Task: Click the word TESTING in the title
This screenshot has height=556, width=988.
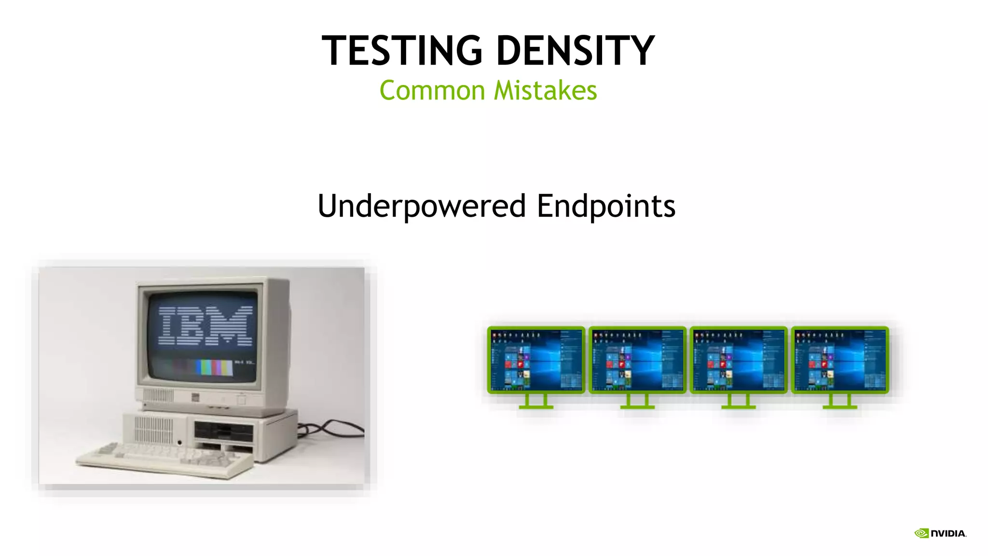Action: coord(402,51)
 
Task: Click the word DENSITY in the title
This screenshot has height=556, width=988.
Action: coord(575,51)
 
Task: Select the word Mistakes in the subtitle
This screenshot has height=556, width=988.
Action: coord(546,91)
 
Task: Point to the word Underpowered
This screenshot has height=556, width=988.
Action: coord(421,206)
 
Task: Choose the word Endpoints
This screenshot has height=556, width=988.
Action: coord(606,206)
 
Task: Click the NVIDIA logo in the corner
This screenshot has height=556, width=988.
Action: coord(940,533)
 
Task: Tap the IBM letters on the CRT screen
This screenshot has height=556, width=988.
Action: coord(206,326)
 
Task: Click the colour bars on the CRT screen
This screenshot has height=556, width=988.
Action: coord(214,367)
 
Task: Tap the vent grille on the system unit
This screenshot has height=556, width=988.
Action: coord(153,429)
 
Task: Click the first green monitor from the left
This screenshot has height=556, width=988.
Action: coord(536,360)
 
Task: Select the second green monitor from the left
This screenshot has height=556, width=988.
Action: coord(637,360)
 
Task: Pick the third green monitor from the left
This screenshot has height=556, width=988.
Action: coord(739,360)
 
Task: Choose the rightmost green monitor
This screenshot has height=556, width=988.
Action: coord(840,360)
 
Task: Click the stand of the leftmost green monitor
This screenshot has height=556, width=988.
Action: coord(536,402)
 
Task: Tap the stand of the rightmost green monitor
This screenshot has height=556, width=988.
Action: coord(840,402)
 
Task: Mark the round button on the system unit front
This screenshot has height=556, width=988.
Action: coord(179,443)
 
